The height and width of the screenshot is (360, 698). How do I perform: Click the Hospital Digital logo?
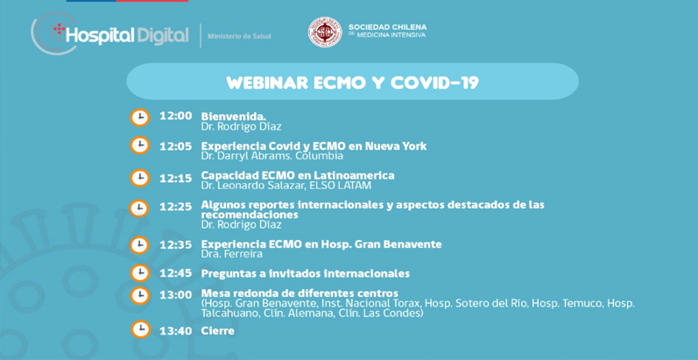(110, 35)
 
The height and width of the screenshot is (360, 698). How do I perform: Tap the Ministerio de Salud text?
(239, 36)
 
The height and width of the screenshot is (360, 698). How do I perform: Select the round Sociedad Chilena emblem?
(326, 32)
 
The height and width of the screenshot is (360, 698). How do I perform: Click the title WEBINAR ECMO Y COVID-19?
(352, 82)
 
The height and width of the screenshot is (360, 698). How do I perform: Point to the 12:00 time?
(176, 116)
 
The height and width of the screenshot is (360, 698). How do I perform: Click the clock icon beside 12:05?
(139, 145)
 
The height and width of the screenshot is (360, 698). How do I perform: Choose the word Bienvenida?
(234, 116)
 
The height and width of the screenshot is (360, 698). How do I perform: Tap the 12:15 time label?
(176, 179)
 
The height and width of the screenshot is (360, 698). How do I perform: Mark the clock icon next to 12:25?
(139, 208)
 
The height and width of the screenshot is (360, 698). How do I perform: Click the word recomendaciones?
(250, 215)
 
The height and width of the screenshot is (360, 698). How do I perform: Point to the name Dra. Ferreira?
(232, 254)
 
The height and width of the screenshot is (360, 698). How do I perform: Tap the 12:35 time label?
(176, 244)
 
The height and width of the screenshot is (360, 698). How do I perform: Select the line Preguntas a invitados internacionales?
(306, 273)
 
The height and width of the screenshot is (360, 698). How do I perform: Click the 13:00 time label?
(176, 295)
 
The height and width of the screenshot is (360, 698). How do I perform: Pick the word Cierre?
(218, 331)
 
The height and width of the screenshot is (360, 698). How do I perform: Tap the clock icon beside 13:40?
(140, 329)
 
